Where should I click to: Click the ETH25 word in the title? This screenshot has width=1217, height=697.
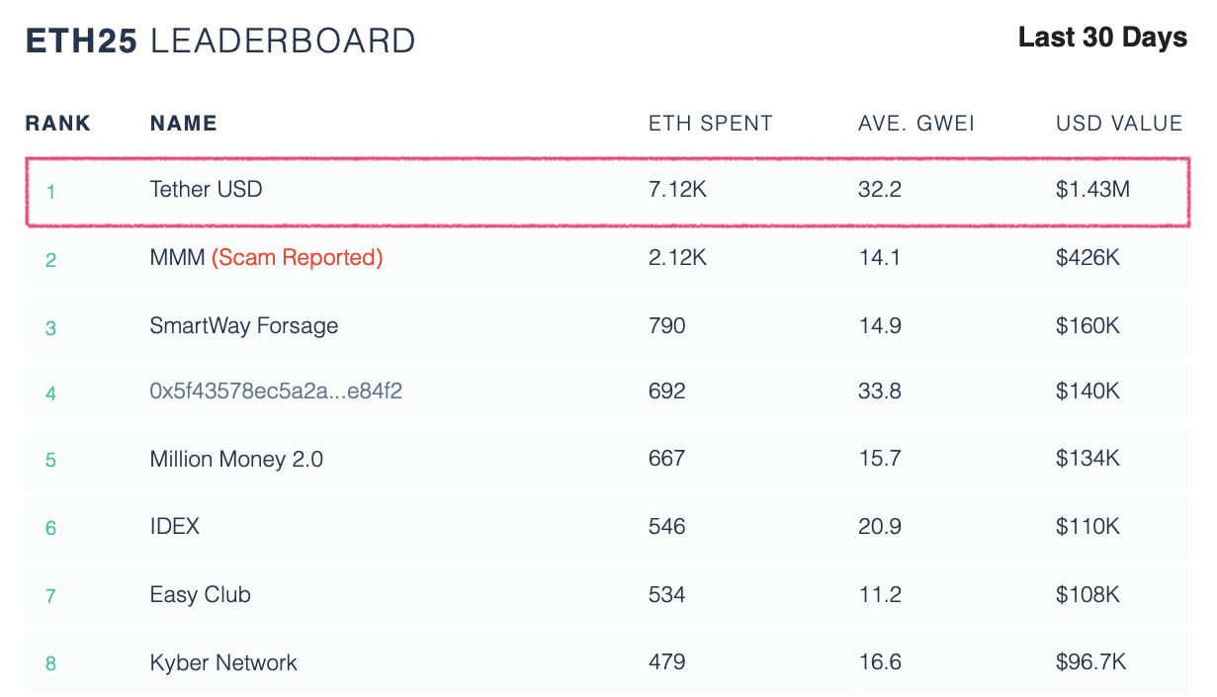(x=81, y=42)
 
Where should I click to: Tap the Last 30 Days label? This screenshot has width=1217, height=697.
(x=1102, y=38)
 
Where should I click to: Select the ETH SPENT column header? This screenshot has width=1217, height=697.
(x=710, y=124)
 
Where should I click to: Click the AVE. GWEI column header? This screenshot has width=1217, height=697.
(x=916, y=124)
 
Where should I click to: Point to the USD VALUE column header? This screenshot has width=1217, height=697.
(x=1119, y=124)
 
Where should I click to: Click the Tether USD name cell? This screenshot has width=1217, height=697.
(x=206, y=189)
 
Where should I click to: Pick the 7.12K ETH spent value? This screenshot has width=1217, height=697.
(x=677, y=189)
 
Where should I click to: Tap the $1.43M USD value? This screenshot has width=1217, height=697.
(x=1092, y=189)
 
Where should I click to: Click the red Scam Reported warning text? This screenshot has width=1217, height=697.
(x=298, y=257)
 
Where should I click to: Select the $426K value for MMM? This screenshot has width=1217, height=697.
(x=1087, y=257)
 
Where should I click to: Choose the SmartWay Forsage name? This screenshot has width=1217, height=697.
(x=244, y=326)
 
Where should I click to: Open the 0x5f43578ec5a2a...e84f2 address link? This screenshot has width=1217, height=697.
(x=276, y=392)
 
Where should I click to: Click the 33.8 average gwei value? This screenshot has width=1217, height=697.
(x=880, y=392)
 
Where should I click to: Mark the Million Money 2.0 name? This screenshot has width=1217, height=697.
(x=236, y=459)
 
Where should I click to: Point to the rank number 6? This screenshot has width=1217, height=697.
(x=50, y=528)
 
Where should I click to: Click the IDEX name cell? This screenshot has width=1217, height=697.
(x=174, y=526)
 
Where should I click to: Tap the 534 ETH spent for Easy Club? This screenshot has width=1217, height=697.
(x=666, y=595)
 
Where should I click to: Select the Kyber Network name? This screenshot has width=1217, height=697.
(x=223, y=662)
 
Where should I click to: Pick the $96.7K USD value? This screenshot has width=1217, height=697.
(x=1091, y=662)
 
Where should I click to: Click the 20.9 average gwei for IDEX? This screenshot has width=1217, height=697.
(x=880, y=526)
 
